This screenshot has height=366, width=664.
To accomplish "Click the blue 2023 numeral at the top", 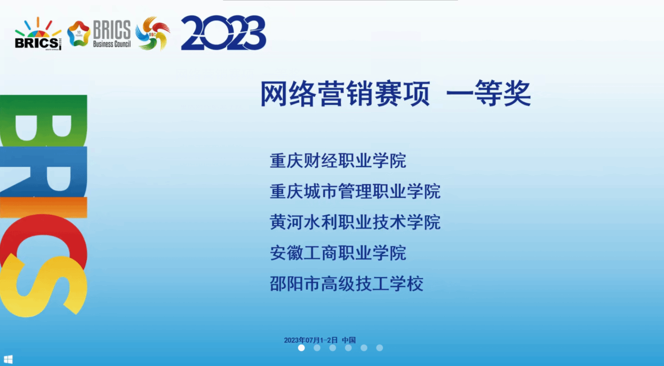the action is pos(223,33).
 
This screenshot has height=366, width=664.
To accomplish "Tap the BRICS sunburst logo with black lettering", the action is pos(38,34).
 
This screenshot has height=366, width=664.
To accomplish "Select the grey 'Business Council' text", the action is pos(112,44).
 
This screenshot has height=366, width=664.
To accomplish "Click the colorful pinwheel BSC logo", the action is pos(153,33).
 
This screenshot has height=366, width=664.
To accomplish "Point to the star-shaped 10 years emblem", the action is pos(78,34).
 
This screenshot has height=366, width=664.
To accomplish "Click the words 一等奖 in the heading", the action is pos(488,94).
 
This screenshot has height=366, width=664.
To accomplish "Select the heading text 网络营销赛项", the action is pos(345,94).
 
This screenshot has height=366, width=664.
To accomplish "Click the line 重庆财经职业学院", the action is pos(338,161).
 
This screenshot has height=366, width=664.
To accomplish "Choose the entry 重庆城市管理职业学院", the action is pos(355,191).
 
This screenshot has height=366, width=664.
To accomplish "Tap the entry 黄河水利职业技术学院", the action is pos(355,222).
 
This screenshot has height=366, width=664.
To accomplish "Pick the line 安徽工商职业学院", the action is pos(338,253).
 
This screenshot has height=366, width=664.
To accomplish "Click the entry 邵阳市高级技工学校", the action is pos(347,283).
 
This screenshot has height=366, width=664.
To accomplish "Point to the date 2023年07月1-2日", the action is pos(311,340).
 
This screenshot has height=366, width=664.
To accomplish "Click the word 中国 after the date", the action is pos(349,340).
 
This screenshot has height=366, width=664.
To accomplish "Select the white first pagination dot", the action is pos(301,348).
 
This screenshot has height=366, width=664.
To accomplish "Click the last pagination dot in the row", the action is pos(379,348).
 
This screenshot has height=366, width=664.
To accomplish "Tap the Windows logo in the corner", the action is pos(8,359).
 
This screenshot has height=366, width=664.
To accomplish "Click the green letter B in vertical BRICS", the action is pos(43,121).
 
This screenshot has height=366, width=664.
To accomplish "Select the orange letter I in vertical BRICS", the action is pos(43,207).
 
